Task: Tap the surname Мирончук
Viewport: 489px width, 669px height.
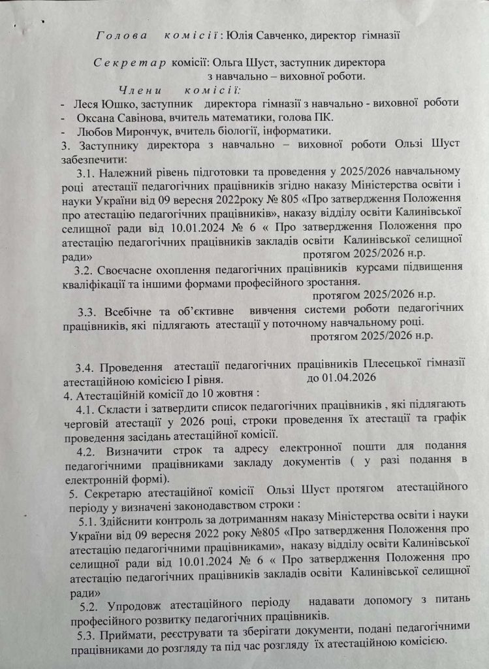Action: point(131,131)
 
